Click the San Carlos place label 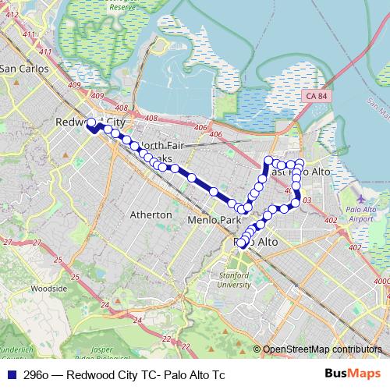[x=23, y=69]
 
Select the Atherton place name [x=151, y=214]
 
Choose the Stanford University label [x=234, y=279]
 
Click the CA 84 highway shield [x=317, y=94]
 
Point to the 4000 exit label [x=381, y=281]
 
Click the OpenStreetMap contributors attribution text [x=322, y=349]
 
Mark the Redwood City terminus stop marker [x=91, y=122]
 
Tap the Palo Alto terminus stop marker [x=241, y=244]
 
